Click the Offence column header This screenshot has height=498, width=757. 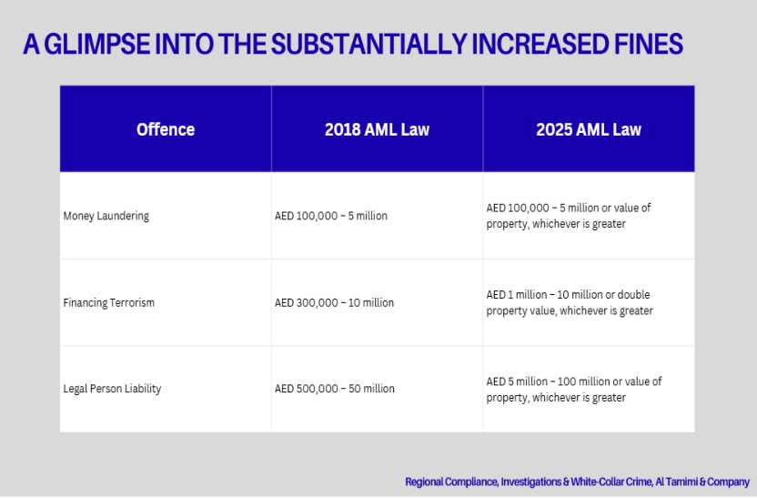166,129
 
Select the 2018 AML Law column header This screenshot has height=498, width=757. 377,129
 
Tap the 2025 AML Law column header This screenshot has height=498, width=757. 589,129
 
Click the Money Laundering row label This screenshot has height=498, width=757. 106,216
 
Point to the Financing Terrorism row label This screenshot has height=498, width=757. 109,302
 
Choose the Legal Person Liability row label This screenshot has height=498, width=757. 112,389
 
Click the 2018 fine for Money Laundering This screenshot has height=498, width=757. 331,216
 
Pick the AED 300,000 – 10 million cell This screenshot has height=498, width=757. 334,302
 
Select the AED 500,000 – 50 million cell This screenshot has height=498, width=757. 335,389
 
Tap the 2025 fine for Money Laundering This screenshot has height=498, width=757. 569,216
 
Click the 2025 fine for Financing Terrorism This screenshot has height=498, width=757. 570,302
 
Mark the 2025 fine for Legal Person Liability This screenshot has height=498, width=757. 574,389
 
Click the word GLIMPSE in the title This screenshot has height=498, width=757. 104,45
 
